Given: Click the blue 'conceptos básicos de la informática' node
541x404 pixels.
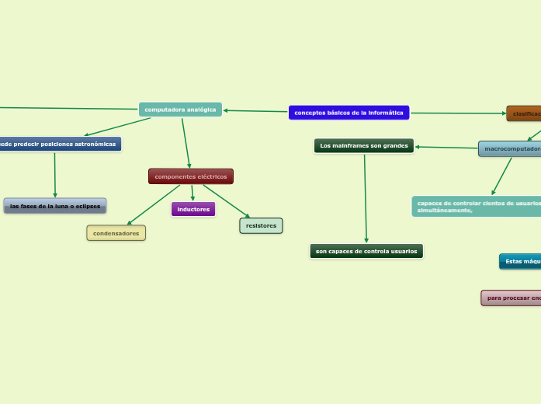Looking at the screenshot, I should pyautogui.click(x=349, y=113).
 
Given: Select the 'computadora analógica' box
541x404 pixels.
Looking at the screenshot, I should pyautogui.click(x=180, y=110).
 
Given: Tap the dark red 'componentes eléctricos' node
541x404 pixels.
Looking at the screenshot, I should pyautogui.click(x=191, y=176).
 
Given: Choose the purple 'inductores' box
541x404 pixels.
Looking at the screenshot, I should pyautogui.click(x=193, y=209).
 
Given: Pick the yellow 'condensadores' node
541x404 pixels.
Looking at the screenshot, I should pyautogui.click(x=116, y=233).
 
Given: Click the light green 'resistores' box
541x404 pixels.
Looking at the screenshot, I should pyautogui.click(x=261, y=225).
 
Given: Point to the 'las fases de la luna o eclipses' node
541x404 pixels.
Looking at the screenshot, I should pyautogui.click(x=55, y=206).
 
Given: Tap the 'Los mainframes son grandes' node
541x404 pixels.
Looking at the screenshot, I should pyautogui.click(x=364, y=145).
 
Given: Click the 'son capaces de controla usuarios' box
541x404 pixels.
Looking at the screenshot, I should pyautogui.click(x=366, y=251).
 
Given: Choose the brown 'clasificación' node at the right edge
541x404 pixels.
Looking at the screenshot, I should pyautogui.click(x=524, y=113).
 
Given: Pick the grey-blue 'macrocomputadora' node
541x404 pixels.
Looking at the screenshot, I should pyautogui.click(x=510, y=148).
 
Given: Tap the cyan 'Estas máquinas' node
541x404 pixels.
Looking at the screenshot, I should pyautogui.click(x=520, y=261).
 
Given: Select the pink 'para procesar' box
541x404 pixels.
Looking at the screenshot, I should pyautogui.click(x=512, y=298).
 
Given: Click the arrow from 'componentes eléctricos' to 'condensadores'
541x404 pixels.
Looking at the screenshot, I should pyautogui.click(x=153, y=205).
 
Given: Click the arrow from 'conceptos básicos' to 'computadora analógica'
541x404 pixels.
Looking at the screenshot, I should pyautogui.click(x=256, y=111).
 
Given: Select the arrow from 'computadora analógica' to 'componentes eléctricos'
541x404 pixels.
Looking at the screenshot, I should pyautogui.click(x=186, y=142).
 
